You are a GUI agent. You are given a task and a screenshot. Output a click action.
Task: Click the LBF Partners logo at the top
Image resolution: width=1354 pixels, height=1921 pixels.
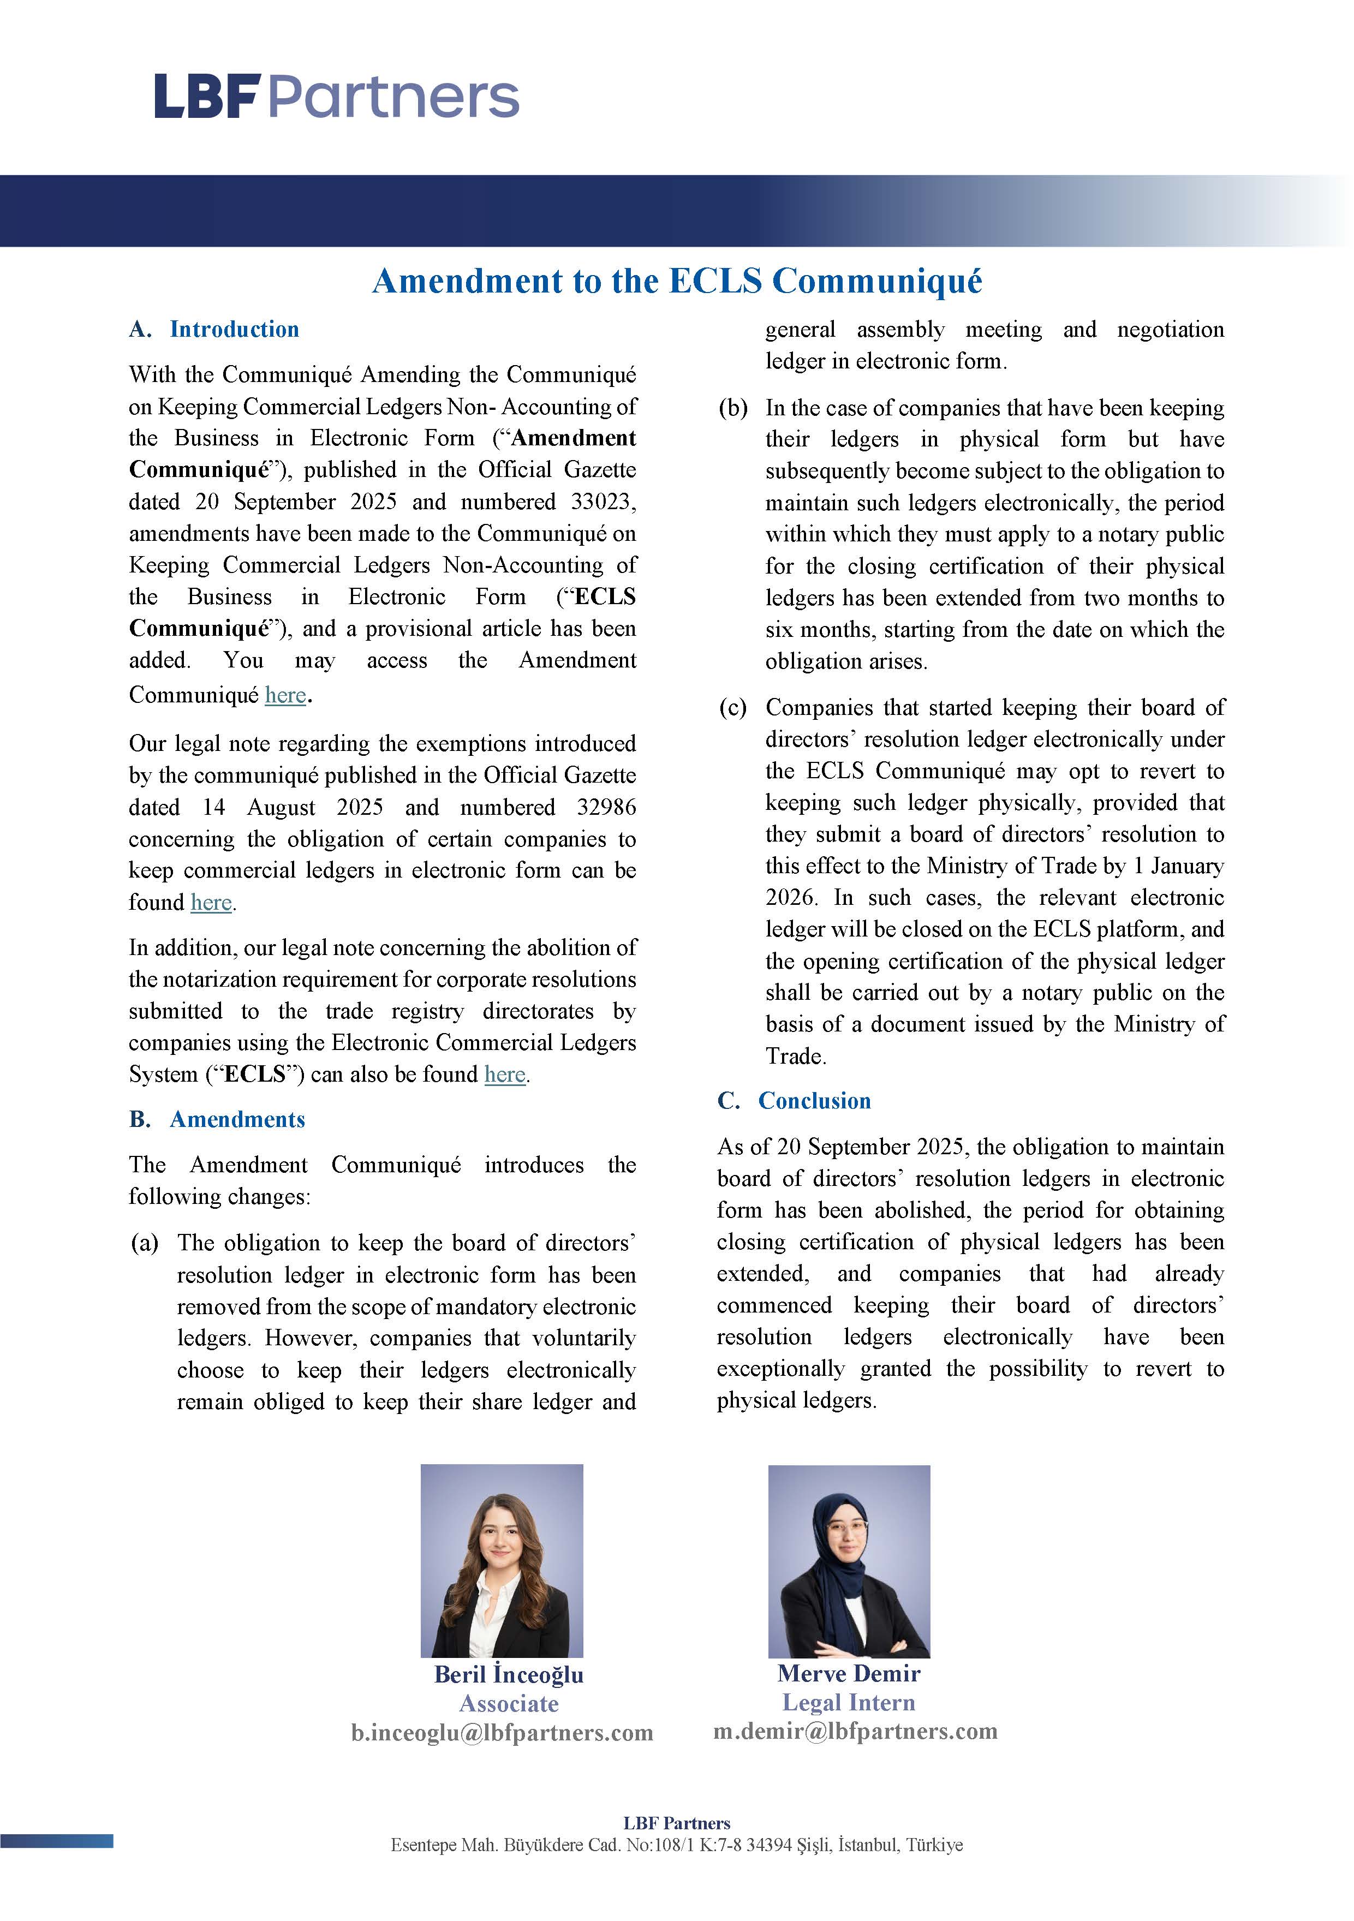[336, 96]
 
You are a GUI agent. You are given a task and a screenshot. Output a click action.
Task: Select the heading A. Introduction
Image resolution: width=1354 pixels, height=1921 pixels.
[214, 329]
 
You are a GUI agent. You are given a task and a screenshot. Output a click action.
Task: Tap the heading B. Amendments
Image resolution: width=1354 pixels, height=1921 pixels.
[217, 1119]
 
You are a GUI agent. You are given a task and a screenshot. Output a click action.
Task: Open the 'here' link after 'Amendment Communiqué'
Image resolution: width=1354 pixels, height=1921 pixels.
[285, 694]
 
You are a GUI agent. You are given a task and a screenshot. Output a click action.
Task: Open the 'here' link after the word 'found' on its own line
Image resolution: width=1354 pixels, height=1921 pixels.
[211, 903]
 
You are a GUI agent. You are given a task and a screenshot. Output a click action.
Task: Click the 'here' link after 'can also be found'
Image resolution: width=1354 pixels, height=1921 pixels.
[505, 1075]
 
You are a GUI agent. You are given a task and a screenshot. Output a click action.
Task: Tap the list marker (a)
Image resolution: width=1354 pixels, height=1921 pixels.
[145, 1243]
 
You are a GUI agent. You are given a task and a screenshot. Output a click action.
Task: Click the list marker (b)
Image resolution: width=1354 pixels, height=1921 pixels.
[733, 408]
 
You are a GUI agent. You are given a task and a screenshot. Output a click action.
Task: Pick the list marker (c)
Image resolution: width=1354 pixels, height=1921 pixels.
[733, 708]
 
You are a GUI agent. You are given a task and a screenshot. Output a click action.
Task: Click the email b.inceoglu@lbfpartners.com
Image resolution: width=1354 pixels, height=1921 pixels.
[502, 1732]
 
